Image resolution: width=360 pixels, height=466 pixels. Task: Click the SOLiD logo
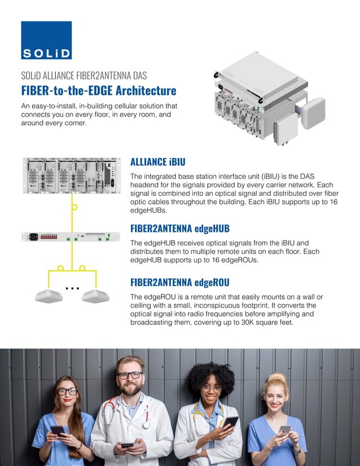click(46, 40)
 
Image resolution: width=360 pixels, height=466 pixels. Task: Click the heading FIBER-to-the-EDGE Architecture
click(99, 91)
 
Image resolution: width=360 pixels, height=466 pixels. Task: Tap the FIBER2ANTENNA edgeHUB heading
click(180, 228)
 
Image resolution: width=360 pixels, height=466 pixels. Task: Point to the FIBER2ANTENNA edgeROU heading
click(180, 282)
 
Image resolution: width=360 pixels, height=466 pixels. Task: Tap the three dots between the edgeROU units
click(71, 288)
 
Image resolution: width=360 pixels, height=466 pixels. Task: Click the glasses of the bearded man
click(130, 375)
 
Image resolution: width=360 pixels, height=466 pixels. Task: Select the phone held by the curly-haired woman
click(230, 421)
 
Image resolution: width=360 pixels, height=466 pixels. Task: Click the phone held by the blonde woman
click(285, 430)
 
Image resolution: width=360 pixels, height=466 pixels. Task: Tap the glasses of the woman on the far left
click(67, 391)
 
